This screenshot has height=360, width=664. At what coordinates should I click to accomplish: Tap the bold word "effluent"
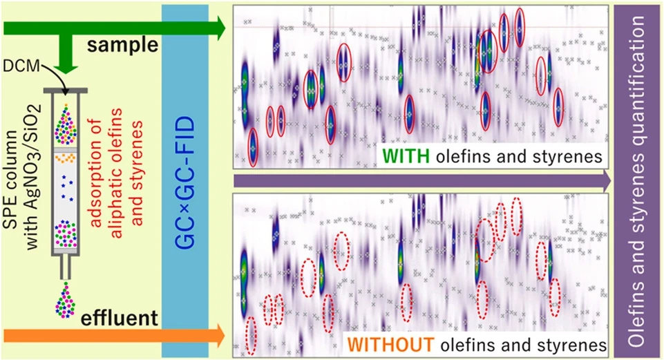[x=119, y=318]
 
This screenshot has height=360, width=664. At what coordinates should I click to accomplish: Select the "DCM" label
[x=21, y=66]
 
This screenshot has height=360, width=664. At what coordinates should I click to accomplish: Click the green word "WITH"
[x=406, y=156]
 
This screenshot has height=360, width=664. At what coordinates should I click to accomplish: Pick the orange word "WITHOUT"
[x=392, y=345]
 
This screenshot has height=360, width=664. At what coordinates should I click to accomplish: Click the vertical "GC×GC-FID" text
[x=185, y=182]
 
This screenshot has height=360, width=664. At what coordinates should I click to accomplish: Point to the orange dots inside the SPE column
[x=65, y=158]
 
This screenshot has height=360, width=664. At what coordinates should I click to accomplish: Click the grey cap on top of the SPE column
[x=65, y=91]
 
